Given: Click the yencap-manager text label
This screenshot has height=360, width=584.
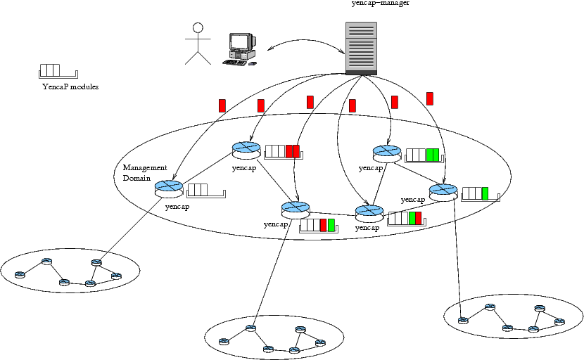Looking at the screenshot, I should pos(380,4).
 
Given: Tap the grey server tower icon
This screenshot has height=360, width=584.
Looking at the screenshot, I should pos(361,48).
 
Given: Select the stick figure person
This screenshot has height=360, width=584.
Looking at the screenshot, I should pos(198,44).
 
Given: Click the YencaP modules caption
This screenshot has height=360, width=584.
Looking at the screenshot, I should pos(70,87).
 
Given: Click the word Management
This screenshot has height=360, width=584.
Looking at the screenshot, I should pos(145,168).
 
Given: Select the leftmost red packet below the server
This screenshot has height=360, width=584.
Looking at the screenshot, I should pos(222,105).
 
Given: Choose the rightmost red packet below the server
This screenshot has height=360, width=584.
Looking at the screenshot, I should pos(430,98).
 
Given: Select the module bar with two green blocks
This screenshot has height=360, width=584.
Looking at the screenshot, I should pos(426,155).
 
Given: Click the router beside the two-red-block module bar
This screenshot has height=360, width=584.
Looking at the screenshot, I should pos(246,148).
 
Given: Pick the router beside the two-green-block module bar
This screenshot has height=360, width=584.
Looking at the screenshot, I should pos(387,153).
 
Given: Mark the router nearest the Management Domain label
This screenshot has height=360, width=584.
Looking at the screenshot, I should pos(169,187).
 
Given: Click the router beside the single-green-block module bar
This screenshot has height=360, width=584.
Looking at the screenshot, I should pos(443,191).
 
